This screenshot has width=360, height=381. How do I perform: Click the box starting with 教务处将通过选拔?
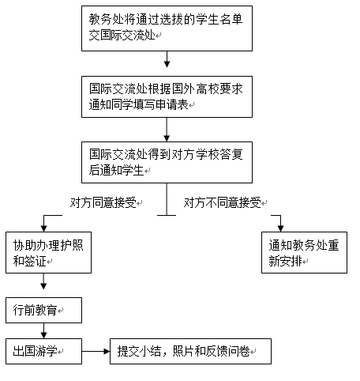pyautogui.click(x=167, y=28)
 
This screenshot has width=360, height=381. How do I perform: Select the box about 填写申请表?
pyautogui.click(x=167, y=96)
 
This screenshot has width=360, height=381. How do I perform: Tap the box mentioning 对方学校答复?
pyautogui.click(x=167, y=162)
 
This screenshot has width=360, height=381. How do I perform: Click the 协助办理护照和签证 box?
pyautogui.click(x=48, y=252)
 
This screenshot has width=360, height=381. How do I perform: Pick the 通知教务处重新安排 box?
pyautogui.click(x=304, y=252)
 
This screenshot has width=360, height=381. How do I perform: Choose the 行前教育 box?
pyautogui.click(x=43, y=310)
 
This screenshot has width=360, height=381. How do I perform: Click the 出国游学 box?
pyautogui.click(x=43, y=351)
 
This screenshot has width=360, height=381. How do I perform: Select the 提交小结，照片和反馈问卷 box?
pyautogui.click(x=190, y=351)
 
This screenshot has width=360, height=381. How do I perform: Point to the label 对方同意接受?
pyautogui.click(x=103, y=203)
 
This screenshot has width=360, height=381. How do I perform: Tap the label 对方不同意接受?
pyautogui.click(x=223, y=203)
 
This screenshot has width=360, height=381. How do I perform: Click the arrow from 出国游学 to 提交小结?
pyautogui.click(x=96, y=351)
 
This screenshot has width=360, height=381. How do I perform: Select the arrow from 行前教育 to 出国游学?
pyautogui.click(x=43, y=330)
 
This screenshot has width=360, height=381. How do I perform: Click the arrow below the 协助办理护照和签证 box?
pyautogui.click(x=43, y=281)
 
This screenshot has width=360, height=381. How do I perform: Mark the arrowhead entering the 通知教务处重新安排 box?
pyautogui.click(x=280, y=228)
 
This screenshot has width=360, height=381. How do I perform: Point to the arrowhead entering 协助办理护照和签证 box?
pyautogui.click(x=43, y=228)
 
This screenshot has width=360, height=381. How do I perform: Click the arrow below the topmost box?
pyautogui.click(x=167, y=59)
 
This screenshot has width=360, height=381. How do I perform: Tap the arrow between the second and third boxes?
pyautogui.click(x=167, y=130)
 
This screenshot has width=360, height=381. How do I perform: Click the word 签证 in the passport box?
pyautogui.click(x=36, y=261)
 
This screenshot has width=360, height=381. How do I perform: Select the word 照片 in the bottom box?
pyautogui.click(x=183, y=351)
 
